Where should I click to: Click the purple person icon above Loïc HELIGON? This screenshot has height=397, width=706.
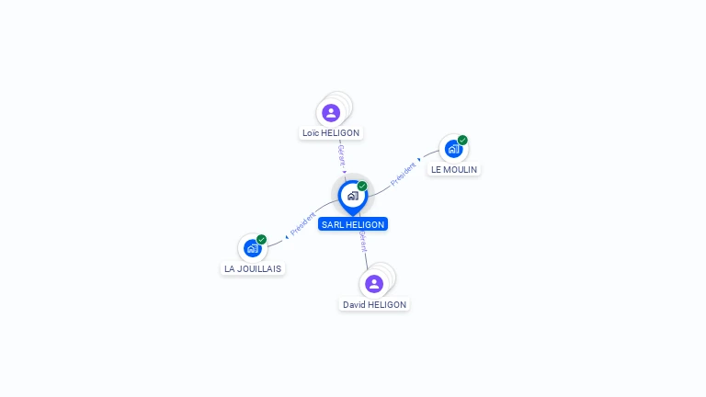(331, 112)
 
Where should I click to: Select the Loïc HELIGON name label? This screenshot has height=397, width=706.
(331, 133)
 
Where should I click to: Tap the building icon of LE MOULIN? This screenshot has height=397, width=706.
(453, 149)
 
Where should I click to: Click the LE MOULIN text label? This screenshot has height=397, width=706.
(454, 170)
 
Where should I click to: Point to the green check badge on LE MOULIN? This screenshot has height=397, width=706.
(462, 141)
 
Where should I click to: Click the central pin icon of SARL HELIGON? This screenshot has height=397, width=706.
(352, 196)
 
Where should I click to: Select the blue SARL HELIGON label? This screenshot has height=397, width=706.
(353, 224)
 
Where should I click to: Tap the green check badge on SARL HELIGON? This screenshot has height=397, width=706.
(362, 187)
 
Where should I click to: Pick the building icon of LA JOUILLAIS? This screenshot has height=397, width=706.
(252, 248)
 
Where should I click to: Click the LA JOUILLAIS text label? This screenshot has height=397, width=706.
(254, 269)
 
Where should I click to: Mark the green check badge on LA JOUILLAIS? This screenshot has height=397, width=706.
(261, 240)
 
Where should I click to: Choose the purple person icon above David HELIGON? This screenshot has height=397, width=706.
(374, 283)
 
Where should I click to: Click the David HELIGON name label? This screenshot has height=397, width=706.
(374, 305)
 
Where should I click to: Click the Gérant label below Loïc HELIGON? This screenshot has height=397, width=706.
(341, 154)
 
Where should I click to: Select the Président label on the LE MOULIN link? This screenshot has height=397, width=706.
(404, 174)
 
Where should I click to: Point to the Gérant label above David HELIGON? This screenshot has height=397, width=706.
(363, 242)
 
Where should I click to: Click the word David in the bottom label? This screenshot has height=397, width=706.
(354, 305)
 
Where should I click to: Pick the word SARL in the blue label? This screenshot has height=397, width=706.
(332, 224)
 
